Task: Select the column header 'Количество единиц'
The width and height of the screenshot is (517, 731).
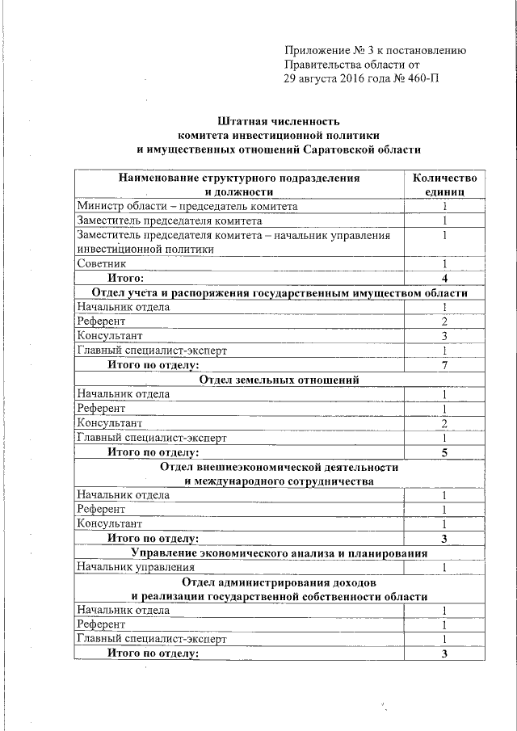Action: (x=444, y=185)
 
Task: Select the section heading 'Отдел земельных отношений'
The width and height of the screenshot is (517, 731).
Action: (x=279, y=380)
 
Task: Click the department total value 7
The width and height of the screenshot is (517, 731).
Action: (x=444, y=365)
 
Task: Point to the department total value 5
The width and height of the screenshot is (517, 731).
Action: (x=444, y=452)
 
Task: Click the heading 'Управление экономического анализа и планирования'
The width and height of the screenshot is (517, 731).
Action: (x=279, y=553)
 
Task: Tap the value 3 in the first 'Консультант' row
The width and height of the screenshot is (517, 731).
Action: (x=444, y=336)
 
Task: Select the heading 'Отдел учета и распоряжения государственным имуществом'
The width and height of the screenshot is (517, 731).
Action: (x=279, y=292)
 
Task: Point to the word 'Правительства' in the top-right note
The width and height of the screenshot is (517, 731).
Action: (x=321, y=65)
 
